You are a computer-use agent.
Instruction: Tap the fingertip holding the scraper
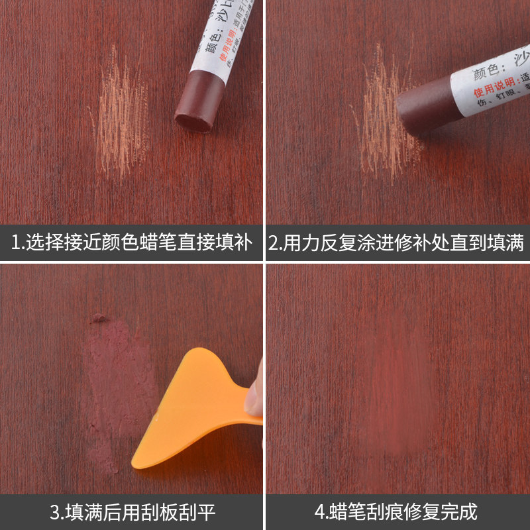[255, 391]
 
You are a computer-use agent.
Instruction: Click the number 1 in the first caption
[17, 242]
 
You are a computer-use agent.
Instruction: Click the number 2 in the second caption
[276, 242]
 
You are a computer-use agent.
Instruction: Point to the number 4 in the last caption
[319, 512]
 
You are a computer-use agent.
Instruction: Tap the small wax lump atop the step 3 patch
[99, 318]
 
